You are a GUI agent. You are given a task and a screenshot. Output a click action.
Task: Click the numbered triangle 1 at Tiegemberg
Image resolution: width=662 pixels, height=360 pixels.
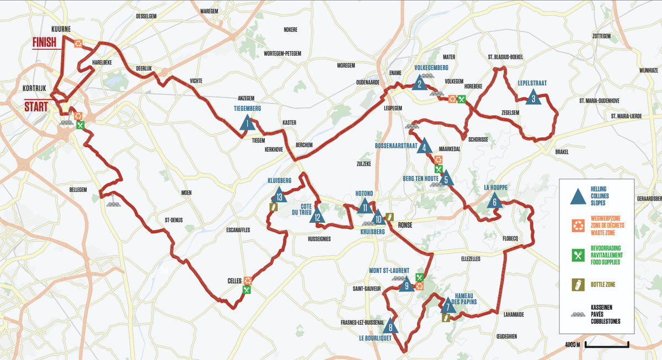[x=247, y=123]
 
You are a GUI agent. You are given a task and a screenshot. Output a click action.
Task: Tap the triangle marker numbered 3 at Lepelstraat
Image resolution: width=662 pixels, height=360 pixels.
[x=533, y=98]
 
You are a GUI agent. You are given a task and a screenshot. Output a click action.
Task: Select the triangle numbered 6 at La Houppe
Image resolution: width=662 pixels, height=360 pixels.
[x=494, y=202]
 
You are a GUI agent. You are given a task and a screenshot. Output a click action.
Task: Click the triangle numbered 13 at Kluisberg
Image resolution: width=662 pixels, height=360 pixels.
[x=280, y=196]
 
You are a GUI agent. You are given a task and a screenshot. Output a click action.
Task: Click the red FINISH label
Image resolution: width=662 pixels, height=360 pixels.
[x=46, y=42]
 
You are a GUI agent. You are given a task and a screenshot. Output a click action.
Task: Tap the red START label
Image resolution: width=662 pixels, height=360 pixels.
[x=36, y=106]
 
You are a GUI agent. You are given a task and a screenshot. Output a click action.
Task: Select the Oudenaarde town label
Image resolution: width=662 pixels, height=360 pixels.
[x=369, y=82]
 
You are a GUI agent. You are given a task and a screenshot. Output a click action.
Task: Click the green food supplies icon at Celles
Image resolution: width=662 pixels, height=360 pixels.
[x=247, y=289]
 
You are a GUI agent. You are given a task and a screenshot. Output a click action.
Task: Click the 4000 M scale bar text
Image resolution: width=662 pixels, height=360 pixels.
[x=572, y=345]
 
